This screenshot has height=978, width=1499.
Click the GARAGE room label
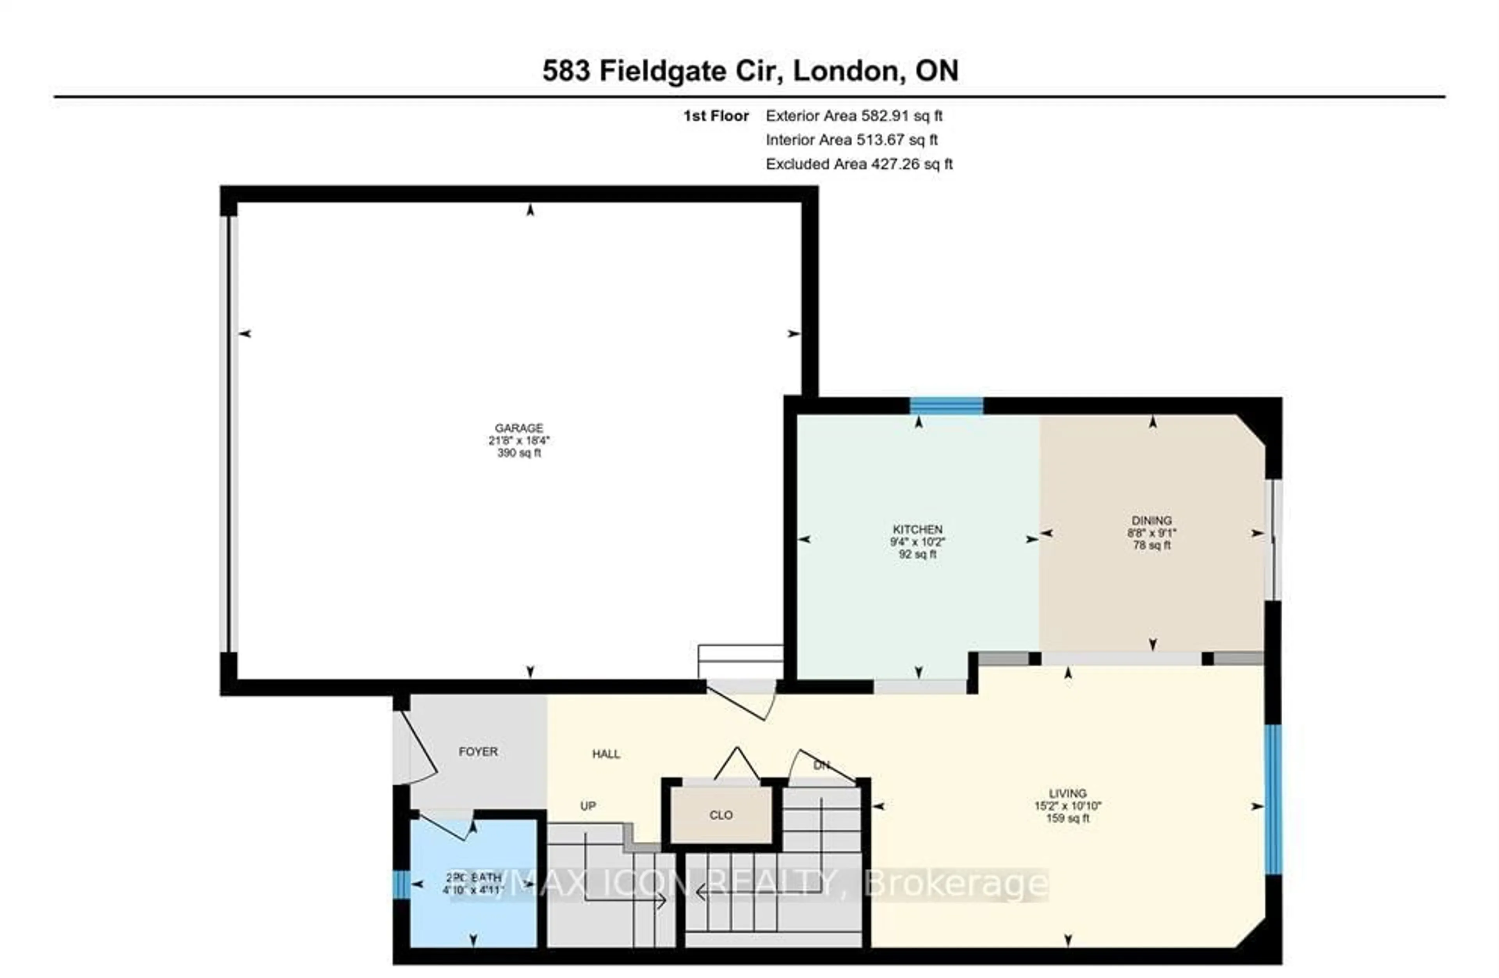coord(518,428)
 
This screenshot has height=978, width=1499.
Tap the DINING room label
coord(1151,520)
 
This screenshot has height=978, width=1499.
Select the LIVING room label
coord(1068,793)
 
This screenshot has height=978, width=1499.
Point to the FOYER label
coord(478,751)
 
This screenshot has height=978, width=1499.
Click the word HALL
coord(606,754)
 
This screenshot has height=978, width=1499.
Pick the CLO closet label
coord(721,815)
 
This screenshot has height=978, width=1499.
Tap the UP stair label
coord(587,806)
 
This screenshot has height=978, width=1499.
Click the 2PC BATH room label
coord(474,877)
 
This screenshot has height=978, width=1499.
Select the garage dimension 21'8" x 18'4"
coord(518,440)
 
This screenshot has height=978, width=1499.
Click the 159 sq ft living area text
coord(1068,818)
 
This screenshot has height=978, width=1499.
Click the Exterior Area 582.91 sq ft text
coord(853,116)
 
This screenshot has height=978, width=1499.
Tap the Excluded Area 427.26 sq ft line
coord(858,164)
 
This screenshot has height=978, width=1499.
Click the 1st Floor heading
coord(716,116)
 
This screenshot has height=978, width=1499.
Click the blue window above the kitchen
coord(946,405)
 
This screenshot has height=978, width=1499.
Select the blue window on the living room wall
coord(1272,799)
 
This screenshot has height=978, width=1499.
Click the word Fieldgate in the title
coord(662,71)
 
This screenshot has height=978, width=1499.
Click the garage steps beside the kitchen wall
coord(740,661)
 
